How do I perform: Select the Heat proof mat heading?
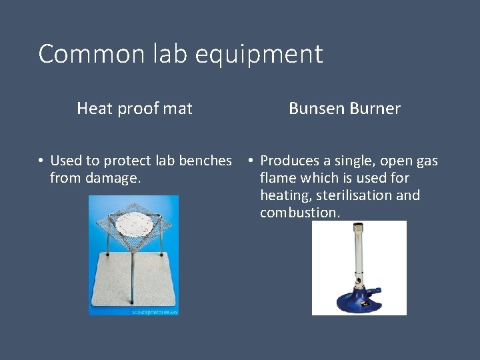point(135,108)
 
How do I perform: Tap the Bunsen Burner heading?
point(344,108)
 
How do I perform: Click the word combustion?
point(299,213)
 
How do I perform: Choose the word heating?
point(284,195)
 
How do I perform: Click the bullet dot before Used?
point(41,161)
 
